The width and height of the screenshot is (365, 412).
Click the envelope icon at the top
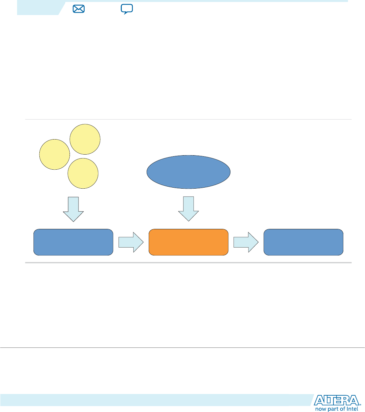point(78,9)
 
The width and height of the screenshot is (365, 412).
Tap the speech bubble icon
point(127,9)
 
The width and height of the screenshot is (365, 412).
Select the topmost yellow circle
point(85,139)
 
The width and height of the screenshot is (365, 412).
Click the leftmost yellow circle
point(54,154)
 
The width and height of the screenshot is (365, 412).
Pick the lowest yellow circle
point(83,173)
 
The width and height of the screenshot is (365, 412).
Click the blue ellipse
point(188,172)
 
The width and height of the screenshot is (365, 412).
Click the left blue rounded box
point(73,242)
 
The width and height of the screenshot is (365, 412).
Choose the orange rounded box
point(188,242)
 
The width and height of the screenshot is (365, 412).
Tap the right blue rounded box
point(304,242)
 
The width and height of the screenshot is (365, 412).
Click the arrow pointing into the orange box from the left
point(131,242)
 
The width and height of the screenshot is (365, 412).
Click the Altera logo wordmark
point(336,401)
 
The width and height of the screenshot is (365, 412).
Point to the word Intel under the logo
point(353,409)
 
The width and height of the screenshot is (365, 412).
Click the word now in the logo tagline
point(321,409)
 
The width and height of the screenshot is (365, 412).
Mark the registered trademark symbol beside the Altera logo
point(360,405)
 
